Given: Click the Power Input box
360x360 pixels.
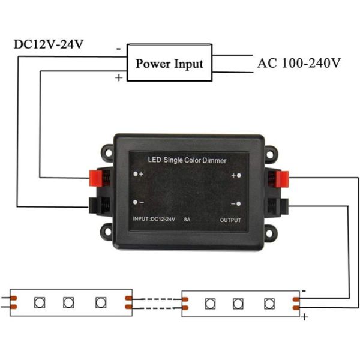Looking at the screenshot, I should tap(169, 62).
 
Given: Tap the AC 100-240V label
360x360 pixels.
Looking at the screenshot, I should tap(299, 62).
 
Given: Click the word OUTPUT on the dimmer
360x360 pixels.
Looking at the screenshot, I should tap(230, 220).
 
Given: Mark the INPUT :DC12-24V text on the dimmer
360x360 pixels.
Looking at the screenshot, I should tap(152, 220).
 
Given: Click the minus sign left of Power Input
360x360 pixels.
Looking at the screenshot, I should tap(119, 46).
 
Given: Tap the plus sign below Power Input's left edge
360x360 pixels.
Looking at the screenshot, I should tap(119, 78).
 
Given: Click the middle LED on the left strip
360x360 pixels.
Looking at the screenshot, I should tap(68, 301).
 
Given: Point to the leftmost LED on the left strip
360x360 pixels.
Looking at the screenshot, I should tap(40, 301).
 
